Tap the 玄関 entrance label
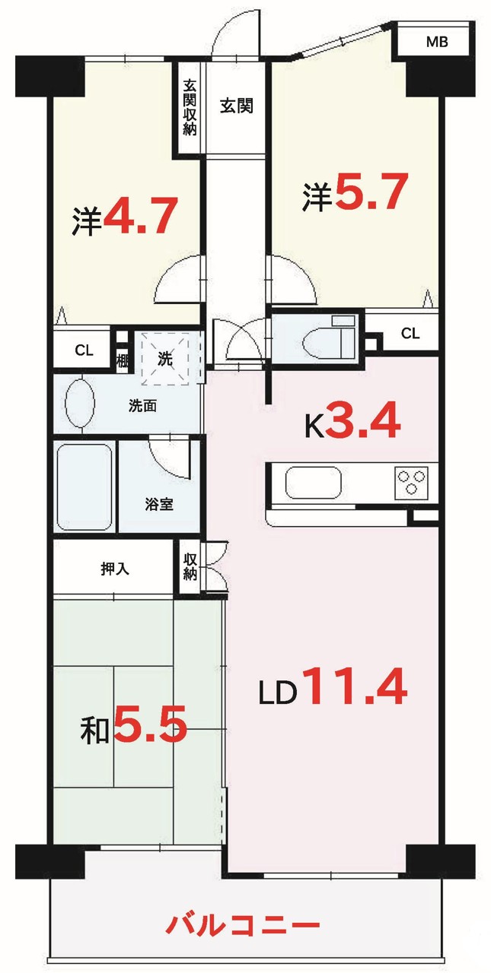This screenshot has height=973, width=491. (x=236, y=106)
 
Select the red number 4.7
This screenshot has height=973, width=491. (x=141, y=214)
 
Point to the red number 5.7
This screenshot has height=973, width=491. (x=371, y=191)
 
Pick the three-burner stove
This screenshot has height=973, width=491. (x=410, y=483)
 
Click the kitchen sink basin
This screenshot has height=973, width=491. (x=313, y=483)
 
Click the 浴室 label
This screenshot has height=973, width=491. (x=159, y=504)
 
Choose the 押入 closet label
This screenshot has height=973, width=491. (x=115, y=569)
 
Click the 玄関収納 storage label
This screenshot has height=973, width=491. (x=190, y=107)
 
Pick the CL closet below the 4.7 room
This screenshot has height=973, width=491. (x=84, y=350)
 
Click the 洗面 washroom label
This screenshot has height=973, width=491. (x=142, y=406)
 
